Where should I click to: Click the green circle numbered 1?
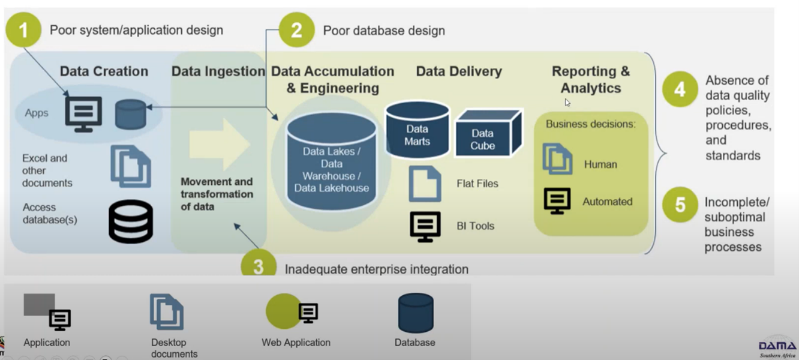point(24,30)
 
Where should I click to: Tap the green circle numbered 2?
point(296,30)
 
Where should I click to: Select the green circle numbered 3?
point(259,266)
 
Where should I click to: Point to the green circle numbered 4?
point(680,89)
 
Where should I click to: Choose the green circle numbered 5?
point(680,205)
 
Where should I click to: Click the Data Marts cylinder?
point(417,130)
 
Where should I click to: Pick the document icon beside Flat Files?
point(425,184)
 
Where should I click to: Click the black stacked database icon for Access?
point(131,221)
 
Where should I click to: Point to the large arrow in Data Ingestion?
point(220,144)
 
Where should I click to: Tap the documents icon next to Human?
point(557,159)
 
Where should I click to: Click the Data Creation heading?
point(104,71)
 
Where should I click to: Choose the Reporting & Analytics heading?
point(590,80)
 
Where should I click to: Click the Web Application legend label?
point(296,343)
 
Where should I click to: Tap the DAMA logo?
point(777,347)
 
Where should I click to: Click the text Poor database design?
point(384,31)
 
